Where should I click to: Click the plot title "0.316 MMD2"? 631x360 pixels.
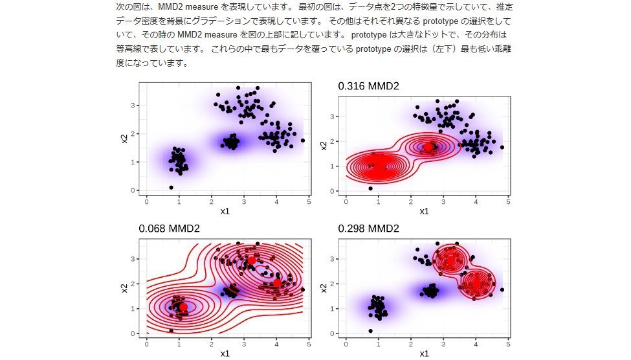tap(368, 86)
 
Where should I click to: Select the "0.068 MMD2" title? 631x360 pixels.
tap(169, 229)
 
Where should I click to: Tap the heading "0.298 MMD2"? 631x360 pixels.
tap(368, 229)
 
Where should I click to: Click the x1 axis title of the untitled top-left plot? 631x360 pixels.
tap(225, 211)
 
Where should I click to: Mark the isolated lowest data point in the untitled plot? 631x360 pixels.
tap(171, 187)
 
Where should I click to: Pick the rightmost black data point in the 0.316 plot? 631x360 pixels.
tap(502, 147)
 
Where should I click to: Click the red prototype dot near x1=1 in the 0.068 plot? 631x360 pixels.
tap(183, 307)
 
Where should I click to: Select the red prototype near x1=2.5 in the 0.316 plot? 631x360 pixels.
tap(428, 146)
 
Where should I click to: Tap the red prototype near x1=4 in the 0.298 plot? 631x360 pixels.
tap(476, 282)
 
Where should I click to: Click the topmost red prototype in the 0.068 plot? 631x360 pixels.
tap(252, 260)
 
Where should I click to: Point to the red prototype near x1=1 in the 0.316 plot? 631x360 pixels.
tap(379, 166)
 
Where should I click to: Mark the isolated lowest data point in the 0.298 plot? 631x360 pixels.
tap(370, 330)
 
